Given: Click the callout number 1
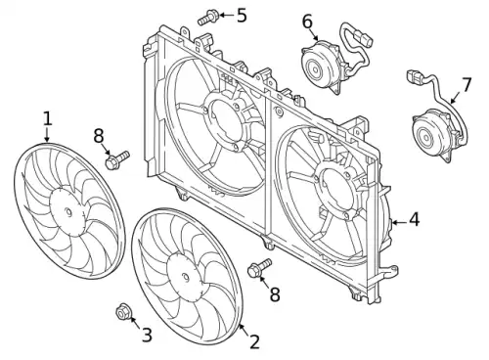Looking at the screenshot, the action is tap(48, 118).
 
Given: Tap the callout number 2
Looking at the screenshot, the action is tap(254, 341).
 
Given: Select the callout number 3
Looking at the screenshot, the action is tap(147, 336).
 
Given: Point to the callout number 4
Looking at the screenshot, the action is tap(414, 219).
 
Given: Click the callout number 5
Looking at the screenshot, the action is tap(242, 16).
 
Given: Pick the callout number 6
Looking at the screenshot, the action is tap(307, 22).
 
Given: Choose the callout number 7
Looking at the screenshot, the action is tap(467, 85).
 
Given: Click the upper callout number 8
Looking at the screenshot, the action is tap(99, 136).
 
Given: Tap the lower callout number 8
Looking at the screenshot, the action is tap(275, 294).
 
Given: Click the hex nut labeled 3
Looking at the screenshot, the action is tap(123, 312).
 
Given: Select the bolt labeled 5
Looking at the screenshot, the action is tap(207, 18).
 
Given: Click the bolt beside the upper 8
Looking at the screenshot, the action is tap(116, 159).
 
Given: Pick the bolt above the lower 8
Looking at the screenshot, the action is tap(259, 268).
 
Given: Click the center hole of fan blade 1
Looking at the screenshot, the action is tap(68, 211).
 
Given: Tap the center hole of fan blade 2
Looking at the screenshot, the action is tap(186, 278).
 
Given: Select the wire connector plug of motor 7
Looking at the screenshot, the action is tap(413, 76).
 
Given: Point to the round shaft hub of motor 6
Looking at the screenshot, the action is tap(315, 69).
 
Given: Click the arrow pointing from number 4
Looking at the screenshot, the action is tap(399, 223).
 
